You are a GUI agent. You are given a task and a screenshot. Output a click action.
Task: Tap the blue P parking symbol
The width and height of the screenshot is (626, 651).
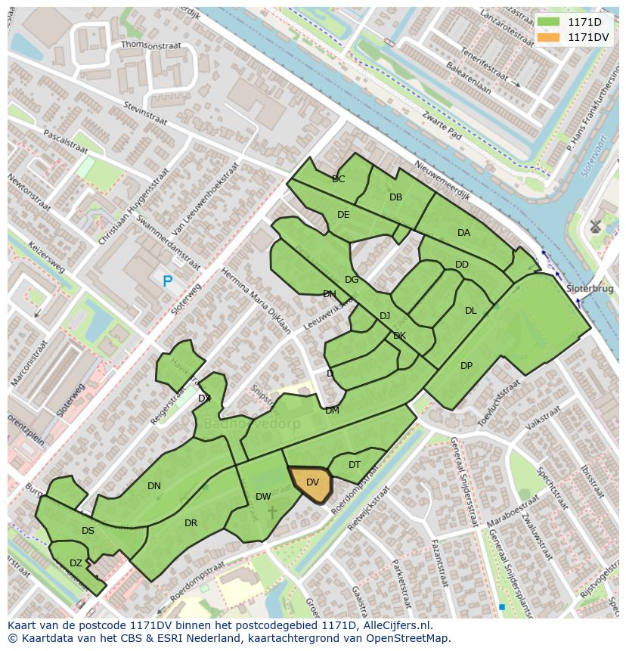167,281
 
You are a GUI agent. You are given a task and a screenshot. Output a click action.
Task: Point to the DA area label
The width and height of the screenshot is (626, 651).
463,233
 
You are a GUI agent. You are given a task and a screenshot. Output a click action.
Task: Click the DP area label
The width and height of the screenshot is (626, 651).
466,366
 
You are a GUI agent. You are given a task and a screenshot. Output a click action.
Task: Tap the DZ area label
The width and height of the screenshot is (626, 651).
76,563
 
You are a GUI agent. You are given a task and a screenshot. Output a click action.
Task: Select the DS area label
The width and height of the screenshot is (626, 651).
88,531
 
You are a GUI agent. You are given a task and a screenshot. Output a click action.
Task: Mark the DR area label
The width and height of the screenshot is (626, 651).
191,523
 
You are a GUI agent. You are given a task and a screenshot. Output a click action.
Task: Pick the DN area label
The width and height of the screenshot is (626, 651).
154,486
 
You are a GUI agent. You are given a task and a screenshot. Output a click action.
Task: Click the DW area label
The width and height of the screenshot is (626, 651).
263,497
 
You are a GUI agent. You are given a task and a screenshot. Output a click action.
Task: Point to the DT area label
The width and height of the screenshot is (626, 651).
355,465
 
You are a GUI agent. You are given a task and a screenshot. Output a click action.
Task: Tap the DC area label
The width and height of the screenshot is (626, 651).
338,179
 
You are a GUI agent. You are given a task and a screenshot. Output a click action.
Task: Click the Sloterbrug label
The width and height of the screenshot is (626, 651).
590,289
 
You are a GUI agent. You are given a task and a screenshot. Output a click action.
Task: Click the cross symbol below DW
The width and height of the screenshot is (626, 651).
272,513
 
